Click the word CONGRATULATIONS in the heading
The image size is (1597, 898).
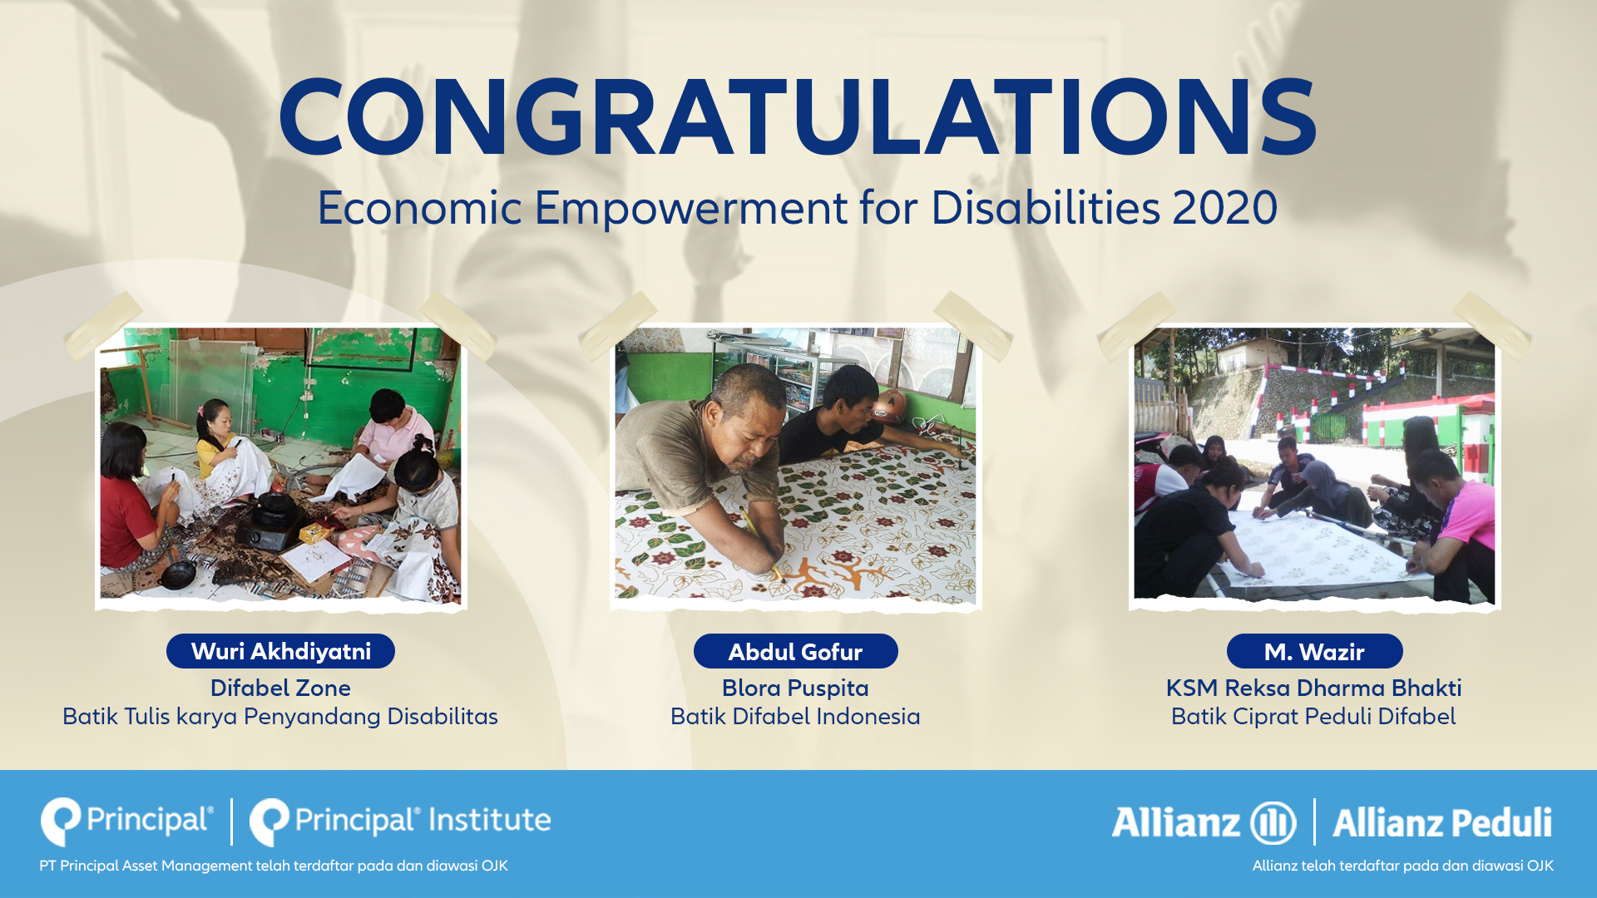pyautogui.click(x=798, y=117)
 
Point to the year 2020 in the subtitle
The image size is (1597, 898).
pyautogui.click(x=1224, y=208)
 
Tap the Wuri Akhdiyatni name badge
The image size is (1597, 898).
pyautogui.click(x=280, y=651)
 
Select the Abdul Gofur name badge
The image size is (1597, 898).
pyautogui.click(x=795, y=651)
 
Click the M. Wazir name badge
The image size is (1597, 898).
pyautogui.click(x=1314, y=651)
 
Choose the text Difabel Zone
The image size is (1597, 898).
pyautogui.click(x=280, y=688)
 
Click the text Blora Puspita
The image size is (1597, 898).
pyautogui.click(x=795, y=688)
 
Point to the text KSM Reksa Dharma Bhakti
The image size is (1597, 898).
pyautogui.click(x=1313, y=688)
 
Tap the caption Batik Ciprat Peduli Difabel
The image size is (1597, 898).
pyautogui.click(x=1313, y=717)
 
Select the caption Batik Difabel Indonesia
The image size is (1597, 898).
pyautogui.click(x=795, y=717)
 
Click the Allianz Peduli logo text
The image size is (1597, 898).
pyautogui.click(x=1442, y=823)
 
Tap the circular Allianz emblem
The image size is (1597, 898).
pyautogui.click(x=1273, y=823)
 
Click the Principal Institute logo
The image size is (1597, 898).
pyautogui.click(x=400, y=822)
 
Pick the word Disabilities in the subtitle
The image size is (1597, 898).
pyautogui.click(x=1046, y=208)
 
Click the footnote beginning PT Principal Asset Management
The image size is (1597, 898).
pyautogui.click(x=274, y=866)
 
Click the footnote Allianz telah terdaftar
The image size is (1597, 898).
pyautogui.click(x=1403, y=866)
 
